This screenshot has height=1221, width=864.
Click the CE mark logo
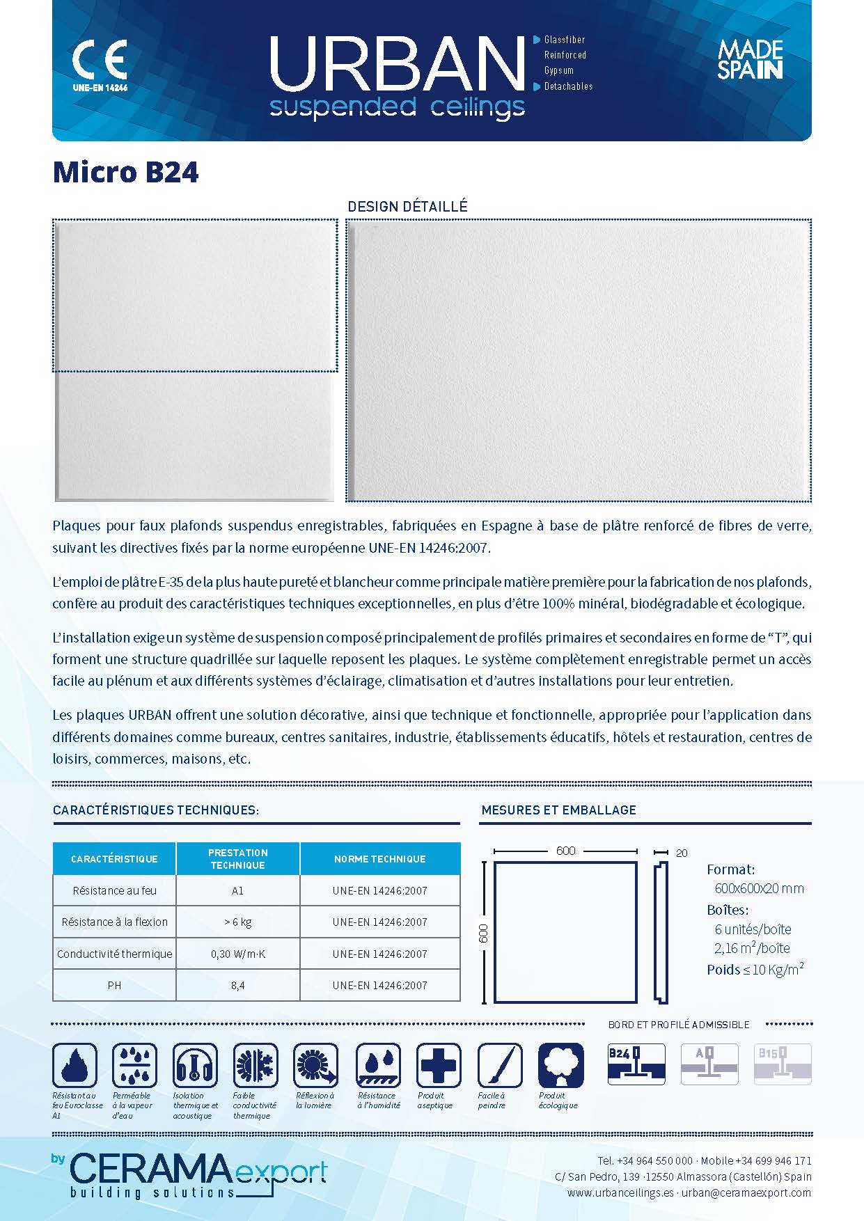(100, 61)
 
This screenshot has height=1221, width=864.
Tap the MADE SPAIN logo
(750, 60)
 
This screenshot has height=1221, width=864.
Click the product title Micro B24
(125, 172)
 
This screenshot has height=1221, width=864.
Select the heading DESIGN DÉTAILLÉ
(407, 207)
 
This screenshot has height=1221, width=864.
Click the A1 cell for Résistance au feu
(237, 890)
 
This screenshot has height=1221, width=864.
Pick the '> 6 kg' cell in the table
(237, 922)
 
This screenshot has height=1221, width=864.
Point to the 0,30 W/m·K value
(237, 954)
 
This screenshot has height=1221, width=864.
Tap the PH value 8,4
(237, 985)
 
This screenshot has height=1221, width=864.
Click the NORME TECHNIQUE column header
(379, 859)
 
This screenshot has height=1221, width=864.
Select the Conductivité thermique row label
(114, 954)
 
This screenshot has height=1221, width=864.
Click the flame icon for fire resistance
(74, 1066)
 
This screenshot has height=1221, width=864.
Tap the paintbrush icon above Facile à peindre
(499, 1066)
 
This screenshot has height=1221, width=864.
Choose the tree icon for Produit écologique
(560, 1066)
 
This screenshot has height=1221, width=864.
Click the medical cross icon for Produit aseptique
(439, 1066)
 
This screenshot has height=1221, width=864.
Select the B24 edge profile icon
(636, 1064)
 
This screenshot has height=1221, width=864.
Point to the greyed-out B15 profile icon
(783, 1064)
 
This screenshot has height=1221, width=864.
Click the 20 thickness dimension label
(682, 853)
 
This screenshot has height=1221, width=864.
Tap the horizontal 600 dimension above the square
(565, 851)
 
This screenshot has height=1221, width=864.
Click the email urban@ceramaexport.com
(746, 1192)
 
